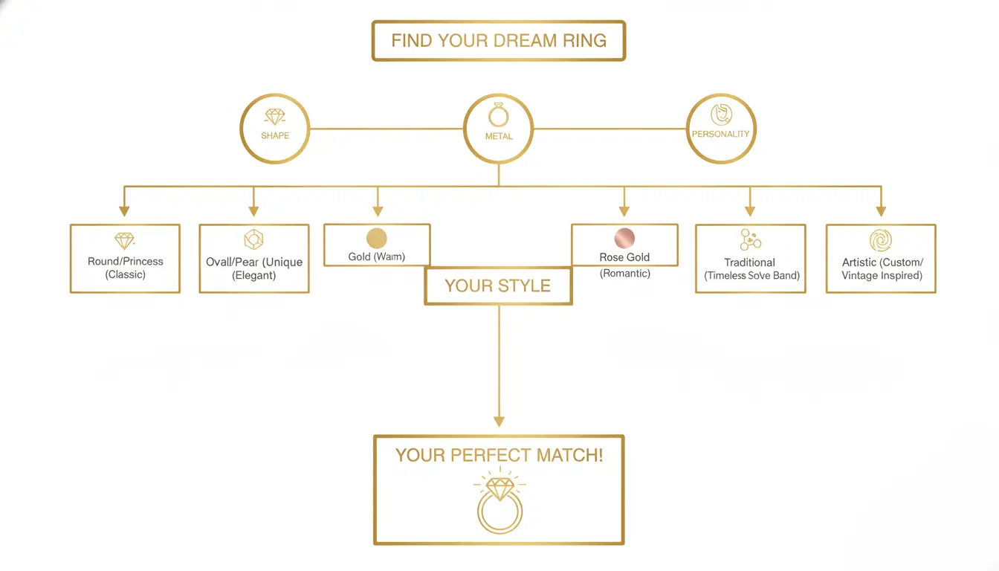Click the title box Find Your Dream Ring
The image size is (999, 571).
click(499, 41)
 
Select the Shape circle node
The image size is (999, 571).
click(275, 129)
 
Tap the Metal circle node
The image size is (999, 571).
click(498, 129)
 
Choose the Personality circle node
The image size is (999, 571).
click(720, 129)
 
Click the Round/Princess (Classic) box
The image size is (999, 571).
click(125, 259)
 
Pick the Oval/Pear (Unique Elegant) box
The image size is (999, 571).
click(254, 259)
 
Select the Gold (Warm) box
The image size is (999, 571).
click(377, 245)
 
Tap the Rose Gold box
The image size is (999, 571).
click(624, 245)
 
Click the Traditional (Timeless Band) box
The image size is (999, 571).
click(751, 259)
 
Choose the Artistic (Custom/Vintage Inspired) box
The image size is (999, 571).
click(881, 259)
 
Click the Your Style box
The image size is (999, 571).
click(498, 286)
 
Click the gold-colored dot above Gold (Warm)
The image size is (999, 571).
click(377, 238)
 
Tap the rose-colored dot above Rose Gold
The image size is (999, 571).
click(624, 238)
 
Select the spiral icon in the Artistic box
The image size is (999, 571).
click(881, 240)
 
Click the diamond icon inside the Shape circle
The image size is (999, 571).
click(275, 117)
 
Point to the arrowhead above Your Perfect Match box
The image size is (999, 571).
click(499, 422)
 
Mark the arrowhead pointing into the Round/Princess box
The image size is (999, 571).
click(125, 211)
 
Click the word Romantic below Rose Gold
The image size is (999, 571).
click(624, 274)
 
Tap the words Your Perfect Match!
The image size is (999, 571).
click(499, 455)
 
